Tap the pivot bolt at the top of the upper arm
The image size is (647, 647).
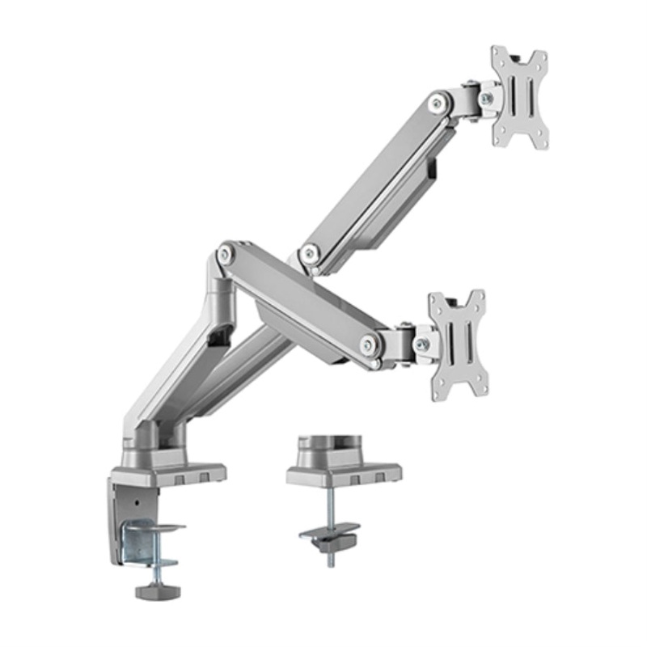(438, 102)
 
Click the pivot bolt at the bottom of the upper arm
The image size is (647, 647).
(307, 255)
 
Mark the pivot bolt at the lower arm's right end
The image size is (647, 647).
(369, 344)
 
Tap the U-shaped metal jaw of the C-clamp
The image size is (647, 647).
(150, 541)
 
